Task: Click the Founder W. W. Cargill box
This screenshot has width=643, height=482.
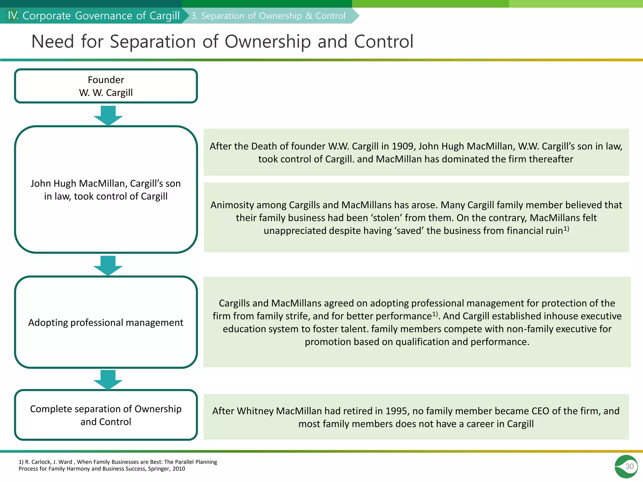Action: [x=106, y=86]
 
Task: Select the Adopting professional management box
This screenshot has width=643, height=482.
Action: [x=106, y=322]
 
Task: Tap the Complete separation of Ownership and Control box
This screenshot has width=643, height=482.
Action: [x=106, y=415]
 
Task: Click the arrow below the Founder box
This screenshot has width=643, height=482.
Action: [x=108, y=116]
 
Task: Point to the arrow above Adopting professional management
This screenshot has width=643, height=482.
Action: [x=108, y=265]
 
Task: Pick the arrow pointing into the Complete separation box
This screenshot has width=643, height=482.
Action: [x=108, y=380]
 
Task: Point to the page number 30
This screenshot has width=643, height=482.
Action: [x=629, y=466]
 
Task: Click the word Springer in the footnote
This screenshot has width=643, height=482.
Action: [x=159, y=469]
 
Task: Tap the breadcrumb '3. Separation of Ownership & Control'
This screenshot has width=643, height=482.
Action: [x=268, y=16]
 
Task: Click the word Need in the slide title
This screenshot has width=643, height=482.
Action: [x=52, y=41]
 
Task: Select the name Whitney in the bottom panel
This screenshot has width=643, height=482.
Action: [x=255, y=411]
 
